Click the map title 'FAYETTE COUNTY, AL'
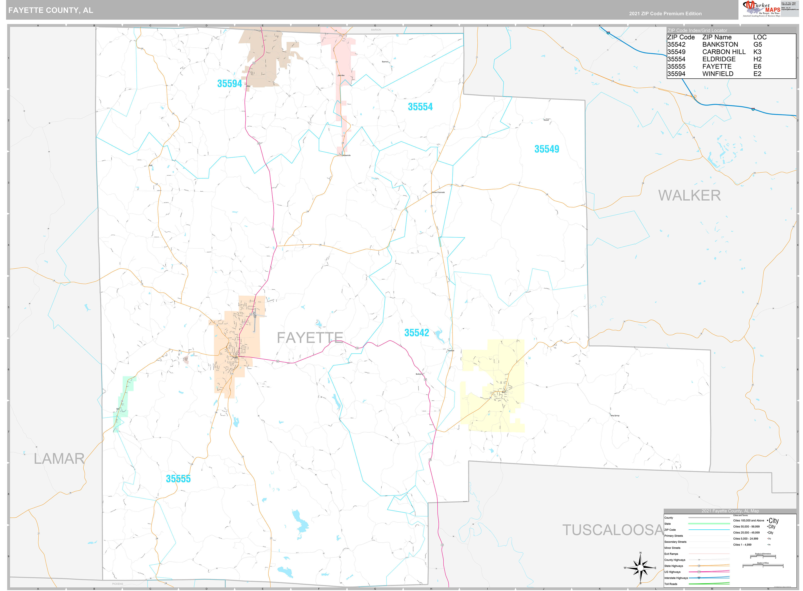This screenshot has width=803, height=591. (x=50, y=10)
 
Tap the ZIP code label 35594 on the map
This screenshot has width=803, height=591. (x=230, y=84)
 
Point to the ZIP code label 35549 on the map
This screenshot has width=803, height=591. (x=547, y=149)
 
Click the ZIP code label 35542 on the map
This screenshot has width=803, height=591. (x=417, y=333)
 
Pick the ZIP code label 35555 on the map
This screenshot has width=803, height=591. (x=178, y=479)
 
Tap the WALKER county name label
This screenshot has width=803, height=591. (x=689, y=195)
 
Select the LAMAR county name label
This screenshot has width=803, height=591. (x=59, y=459)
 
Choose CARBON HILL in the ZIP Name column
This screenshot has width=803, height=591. (x=724, y=52)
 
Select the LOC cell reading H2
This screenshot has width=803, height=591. (x=757, y=59)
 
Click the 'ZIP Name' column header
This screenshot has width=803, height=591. (x=717, y=37)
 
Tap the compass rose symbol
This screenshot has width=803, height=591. (x=640, y=568)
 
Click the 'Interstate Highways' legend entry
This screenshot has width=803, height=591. (x=676, y=578)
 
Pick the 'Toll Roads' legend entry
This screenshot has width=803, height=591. (x=671, y=584)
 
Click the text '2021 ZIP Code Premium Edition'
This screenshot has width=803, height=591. (x=665, y=14)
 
